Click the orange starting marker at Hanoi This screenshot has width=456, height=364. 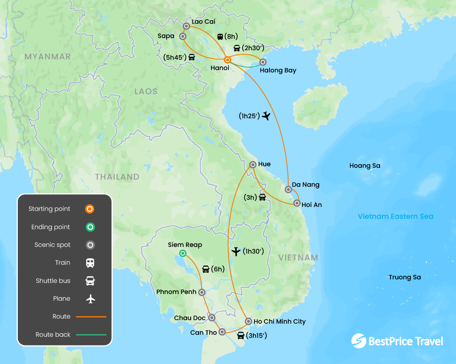pos(228,60)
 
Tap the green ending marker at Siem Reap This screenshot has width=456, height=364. pos(182,253)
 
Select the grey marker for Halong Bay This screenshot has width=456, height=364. pos(262,62)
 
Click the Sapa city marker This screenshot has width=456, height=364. pos(182,36)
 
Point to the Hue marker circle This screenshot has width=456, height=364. pos(253,165)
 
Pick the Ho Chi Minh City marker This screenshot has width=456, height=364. pos(248,321)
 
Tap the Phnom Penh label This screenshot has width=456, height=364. pos(176,292)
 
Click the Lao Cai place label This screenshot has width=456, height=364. pos(203,22)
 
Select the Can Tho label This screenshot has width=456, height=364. pos(203,332)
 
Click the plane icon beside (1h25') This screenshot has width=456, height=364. pos(266,116)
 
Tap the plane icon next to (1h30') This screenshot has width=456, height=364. pos(236,251)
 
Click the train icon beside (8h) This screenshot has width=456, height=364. pos(220,37)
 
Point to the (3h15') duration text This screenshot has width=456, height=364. pos(256,336)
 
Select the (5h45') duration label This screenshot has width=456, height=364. pos(175,57)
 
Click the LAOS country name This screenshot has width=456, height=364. pos(146,91)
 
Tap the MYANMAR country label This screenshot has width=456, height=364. pos(47,57)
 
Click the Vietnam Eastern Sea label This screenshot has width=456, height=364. pos(395,216)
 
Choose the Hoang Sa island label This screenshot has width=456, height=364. pos(365,166)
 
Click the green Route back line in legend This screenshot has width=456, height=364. pos(91,335)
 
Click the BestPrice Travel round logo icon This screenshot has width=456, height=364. pos(359,341)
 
